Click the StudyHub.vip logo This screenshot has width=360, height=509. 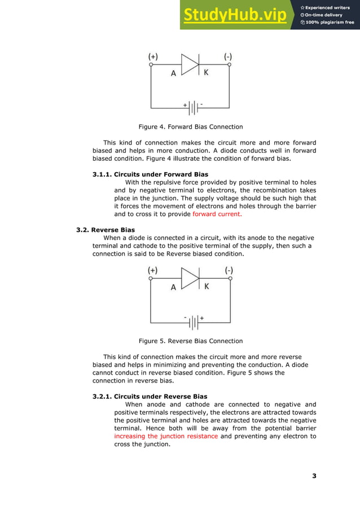click(234, 16)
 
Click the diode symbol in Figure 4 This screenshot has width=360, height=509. click(190, 65)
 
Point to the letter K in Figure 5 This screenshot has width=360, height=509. click(206, 287)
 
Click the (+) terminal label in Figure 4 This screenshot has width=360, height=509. click(153, 56)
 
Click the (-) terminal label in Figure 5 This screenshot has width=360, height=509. click(229, 270)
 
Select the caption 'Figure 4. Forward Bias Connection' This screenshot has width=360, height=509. click(191, 126)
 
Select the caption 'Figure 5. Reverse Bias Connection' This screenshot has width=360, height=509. click(191, 341)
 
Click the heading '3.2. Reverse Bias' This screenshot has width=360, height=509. click(106, 230)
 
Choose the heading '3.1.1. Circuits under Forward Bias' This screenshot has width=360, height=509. click(150, 174)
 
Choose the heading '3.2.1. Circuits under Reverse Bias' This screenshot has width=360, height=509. click(150, 397)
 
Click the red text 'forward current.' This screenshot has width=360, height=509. click(217, 214)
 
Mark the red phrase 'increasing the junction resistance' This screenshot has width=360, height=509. click(166, 436)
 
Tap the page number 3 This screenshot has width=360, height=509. click(314, 476)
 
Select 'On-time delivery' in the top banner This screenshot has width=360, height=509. click(326, 15)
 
